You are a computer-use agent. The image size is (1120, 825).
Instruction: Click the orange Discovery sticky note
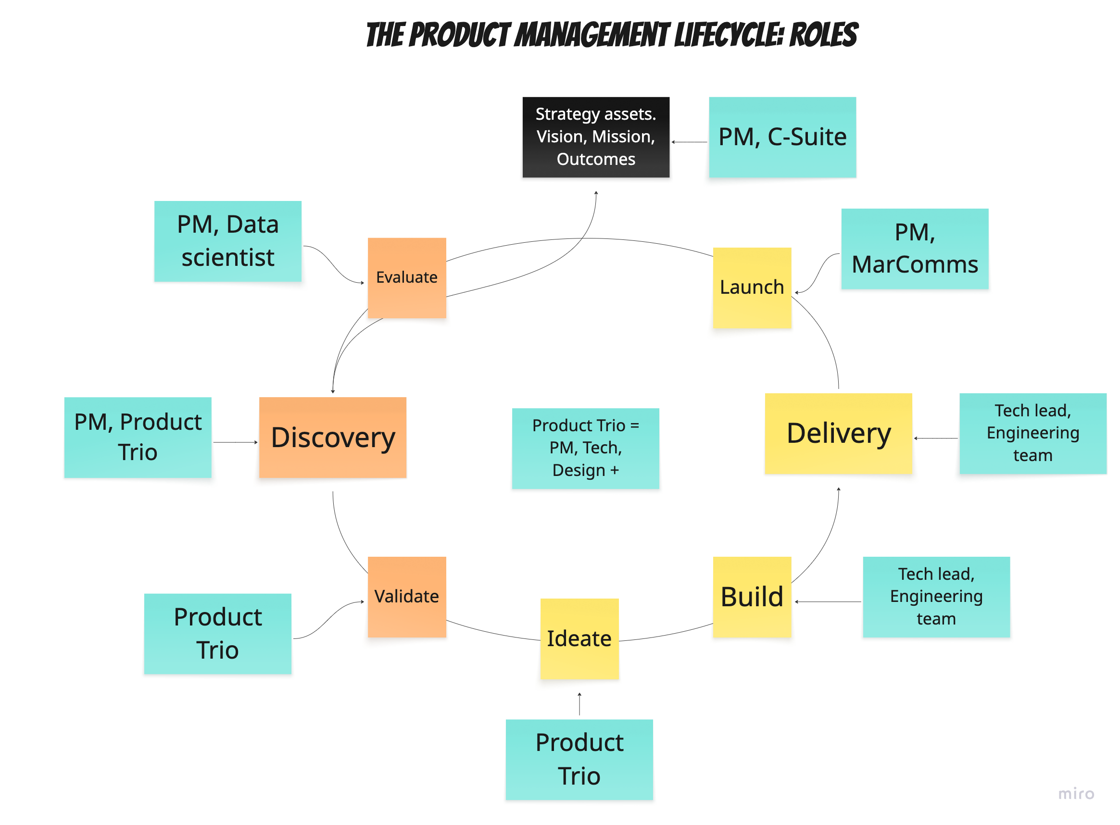(x=332, y=437)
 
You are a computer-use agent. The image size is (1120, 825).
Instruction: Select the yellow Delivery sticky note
(x=838, y=433)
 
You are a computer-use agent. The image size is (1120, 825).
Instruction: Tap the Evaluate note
(x=407, y=278)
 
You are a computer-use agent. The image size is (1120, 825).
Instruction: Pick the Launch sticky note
(x=751, y=287)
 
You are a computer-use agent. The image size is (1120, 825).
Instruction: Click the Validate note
(x=407, y=596)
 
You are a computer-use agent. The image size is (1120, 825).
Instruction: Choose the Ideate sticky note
(x=579, y=638)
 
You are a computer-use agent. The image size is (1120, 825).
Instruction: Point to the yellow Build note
(x=751, y=596)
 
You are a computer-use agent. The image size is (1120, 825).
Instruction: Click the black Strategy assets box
(x=595, y=137)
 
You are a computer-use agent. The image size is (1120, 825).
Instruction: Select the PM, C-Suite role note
(x=782, y=137)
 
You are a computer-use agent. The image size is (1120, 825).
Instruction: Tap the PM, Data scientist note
(x=227, y=241)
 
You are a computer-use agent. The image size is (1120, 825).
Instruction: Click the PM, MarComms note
(x=914, y=248)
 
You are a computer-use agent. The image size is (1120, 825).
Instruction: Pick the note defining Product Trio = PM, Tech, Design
(x=585, y=448)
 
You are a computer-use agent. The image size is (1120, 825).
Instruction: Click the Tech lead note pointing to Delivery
(x=1032, y=433)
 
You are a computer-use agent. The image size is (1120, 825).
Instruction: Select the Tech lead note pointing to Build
(x=936, y=596)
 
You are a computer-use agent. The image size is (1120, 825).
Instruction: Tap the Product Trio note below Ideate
(x=579, y=759)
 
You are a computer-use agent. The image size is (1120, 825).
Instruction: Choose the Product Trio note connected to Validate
(x=217, y=633)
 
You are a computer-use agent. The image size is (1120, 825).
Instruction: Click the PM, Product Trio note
(x=138, y=437)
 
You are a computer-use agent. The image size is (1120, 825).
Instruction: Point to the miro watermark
(x=1076, y=794)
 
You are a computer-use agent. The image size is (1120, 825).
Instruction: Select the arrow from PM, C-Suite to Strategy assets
(x=689, y=142)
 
